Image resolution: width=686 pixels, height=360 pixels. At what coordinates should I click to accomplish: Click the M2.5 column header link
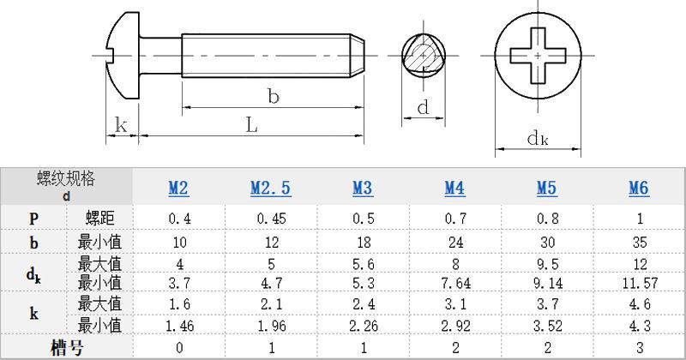[x=271, y=188]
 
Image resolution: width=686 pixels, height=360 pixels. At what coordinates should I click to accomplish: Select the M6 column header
[x=639, y=188]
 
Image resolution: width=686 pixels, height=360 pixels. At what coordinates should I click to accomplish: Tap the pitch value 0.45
[x=271, y=219]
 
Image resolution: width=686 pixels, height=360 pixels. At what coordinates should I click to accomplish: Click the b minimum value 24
[x=455, y=242]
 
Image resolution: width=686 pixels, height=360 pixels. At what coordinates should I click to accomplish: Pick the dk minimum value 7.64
[x=455, y=283]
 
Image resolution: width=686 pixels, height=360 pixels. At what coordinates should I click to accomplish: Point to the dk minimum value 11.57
[x=640, y=283]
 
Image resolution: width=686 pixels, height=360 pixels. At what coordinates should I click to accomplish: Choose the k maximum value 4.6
[x=640, y=304]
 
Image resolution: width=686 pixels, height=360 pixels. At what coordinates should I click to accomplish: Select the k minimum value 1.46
[x=180, y=326]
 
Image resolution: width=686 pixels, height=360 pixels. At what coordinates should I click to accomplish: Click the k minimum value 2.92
[x=455, y=326]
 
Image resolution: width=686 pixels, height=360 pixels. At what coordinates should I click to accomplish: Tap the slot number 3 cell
[x=640, y=348]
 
